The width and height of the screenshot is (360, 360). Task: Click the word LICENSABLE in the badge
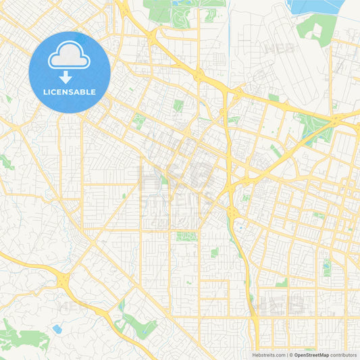click(70, 91)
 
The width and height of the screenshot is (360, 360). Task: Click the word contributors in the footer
click(344, 354)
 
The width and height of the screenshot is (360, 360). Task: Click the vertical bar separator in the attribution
click(286, 354)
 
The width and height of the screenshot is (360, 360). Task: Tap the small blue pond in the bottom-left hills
click(57, 329)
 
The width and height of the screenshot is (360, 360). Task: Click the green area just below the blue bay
click(314, 27)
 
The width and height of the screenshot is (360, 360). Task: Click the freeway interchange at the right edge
click(336, 121)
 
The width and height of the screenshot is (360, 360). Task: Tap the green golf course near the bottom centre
click(138, 326)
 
